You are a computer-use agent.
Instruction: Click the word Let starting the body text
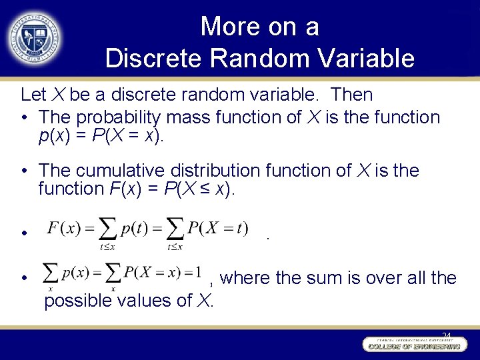(x=33, y=95)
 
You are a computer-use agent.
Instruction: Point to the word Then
(x=351, y=95)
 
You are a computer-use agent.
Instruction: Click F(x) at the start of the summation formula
(x=64, y=228)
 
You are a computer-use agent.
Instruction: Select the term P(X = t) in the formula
(x=217, y=228)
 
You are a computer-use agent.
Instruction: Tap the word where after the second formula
(x=245, y=277)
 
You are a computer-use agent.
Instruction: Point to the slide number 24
(x=446, y=335)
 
